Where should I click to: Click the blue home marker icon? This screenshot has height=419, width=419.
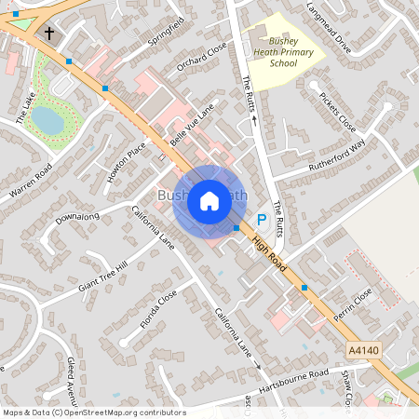[x=209, y=199]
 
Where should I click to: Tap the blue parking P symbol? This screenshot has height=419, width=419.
[x=262, y=219]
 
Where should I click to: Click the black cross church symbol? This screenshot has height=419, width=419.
[x=47, y=34]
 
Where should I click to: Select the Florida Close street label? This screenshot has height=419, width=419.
[x=158, y=311]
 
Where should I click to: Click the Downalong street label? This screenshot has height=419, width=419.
[x=76, y=218]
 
